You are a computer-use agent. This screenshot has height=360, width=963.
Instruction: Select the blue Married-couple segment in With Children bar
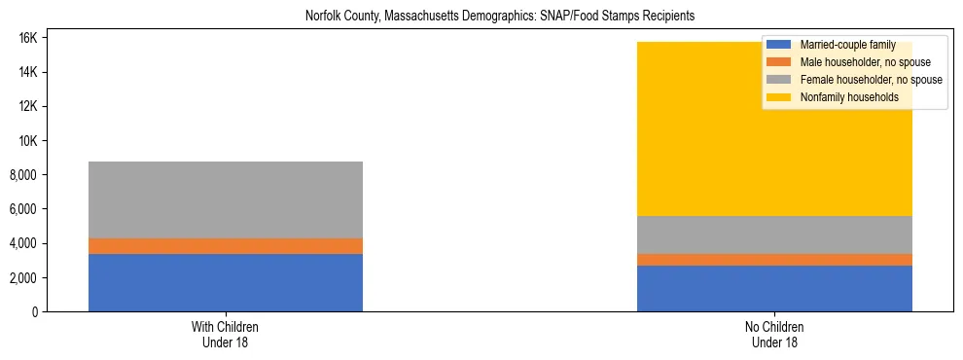pos(226,282)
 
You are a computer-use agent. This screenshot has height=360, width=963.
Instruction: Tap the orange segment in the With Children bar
pos(226,246)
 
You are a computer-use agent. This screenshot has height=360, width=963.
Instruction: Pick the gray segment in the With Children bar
pos(226,199)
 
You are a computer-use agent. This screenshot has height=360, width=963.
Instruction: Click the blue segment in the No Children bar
pos(774,288)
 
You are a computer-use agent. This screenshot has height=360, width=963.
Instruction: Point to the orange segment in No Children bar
pos(774,260)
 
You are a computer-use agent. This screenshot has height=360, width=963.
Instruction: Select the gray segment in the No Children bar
pos(774,234)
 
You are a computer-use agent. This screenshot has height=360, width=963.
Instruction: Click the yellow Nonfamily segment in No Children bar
pos(681,136)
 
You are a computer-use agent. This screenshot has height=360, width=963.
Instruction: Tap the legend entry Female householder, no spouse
pos(856,80)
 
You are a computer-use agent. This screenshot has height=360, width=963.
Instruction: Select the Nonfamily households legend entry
pos(842,97)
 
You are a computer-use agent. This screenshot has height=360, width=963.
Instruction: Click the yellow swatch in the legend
pos(778,97)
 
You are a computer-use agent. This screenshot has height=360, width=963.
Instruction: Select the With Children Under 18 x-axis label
pos(226,335)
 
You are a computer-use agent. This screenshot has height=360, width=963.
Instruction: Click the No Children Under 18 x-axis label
pos(774,335)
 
